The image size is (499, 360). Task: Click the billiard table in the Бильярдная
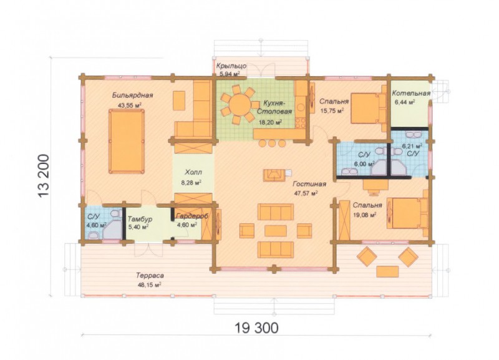[127, 141]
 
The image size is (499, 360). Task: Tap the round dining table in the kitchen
[240, 104]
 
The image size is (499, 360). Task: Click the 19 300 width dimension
[256, 327]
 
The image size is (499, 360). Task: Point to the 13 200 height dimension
[44, 176]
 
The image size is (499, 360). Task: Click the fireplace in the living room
[273, 175]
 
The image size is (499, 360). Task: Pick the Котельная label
[411, 93]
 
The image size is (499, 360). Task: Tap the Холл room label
[193, 173]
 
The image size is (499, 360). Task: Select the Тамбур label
[140, 219]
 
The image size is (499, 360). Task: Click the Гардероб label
[193, 216]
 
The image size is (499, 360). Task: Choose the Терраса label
[150, 275]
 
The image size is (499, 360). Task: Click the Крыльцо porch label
[231, 66]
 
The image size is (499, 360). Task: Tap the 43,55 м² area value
[130, 105]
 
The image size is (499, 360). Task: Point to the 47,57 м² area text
[306, 193]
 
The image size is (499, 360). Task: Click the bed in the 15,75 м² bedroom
[368, 108]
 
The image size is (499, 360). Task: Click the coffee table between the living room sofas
[276, 231]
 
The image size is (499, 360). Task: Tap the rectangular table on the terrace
[387, 271]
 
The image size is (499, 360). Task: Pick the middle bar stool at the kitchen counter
[272, 143]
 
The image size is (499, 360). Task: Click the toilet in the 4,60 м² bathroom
[94, 236]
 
